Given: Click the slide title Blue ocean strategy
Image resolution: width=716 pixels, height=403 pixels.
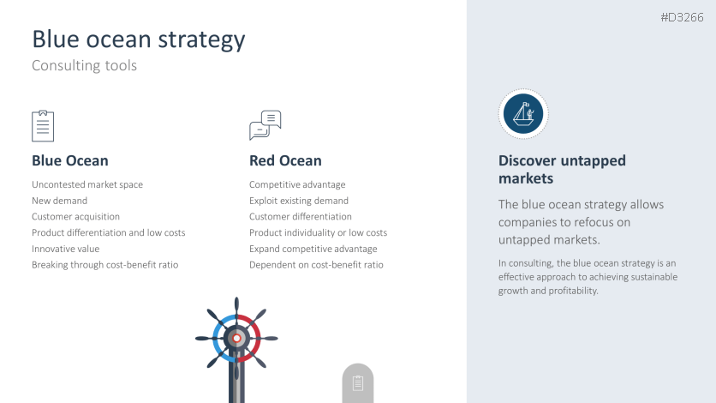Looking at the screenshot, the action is (139, 39).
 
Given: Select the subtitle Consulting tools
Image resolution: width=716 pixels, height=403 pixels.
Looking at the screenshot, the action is (84, 65).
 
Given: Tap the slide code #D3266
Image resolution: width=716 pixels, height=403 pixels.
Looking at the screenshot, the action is (683, 17).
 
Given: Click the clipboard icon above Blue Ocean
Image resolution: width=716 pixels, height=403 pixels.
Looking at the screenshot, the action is (43, 126).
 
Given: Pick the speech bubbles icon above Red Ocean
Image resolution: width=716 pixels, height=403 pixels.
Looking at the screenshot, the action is (266, 125).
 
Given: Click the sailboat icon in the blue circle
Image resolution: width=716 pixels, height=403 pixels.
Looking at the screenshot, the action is (523, 114).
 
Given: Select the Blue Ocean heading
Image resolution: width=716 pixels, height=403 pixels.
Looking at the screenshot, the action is (70, 161).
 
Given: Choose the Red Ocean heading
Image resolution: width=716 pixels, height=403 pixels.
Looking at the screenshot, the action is (285, 161).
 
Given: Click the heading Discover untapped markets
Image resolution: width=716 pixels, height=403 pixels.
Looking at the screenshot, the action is (562, 170).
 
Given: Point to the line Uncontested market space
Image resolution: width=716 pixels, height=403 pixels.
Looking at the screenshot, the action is (87, 184).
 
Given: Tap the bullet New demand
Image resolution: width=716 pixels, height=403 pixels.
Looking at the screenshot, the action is (59, 201).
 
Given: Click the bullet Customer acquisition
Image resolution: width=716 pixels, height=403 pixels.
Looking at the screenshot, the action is (76, 217).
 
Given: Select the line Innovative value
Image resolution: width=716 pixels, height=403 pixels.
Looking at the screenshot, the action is (66, 249).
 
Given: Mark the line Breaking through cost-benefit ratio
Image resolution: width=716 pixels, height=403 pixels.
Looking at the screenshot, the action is (105, 265).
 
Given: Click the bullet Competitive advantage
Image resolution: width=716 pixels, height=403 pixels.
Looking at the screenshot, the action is (297, 184).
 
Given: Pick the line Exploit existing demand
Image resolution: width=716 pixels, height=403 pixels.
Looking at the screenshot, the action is (299, 201).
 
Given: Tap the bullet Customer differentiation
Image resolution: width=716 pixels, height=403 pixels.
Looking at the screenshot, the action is (301, 217).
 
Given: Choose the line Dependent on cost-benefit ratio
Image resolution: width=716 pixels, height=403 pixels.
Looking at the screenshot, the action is (316, 265).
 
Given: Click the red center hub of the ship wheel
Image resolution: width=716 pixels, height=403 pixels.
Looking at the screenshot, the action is (236, 339).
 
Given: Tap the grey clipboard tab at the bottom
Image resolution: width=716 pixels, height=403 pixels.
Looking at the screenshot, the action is (358, 383).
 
